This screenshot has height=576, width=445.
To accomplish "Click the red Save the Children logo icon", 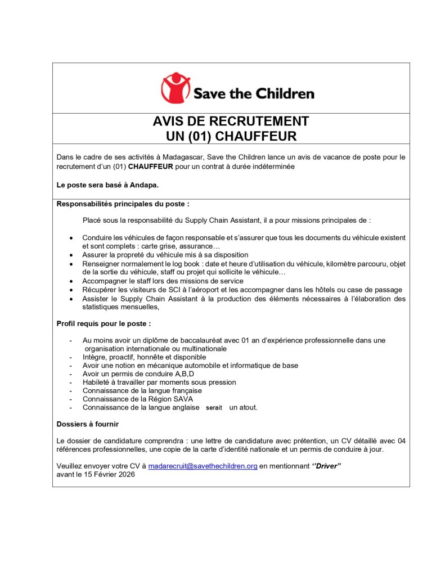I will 176,88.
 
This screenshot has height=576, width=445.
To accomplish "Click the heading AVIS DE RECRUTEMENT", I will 231,121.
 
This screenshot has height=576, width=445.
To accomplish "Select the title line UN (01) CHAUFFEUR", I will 231,136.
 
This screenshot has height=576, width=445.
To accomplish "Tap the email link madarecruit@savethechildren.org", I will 203,466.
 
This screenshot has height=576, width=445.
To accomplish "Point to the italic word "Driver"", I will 326,466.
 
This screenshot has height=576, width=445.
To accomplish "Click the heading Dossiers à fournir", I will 87,424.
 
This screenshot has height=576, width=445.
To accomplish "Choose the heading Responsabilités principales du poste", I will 119,204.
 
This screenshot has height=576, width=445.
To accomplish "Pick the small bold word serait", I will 214,408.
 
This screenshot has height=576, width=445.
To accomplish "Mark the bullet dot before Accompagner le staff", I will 70,281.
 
